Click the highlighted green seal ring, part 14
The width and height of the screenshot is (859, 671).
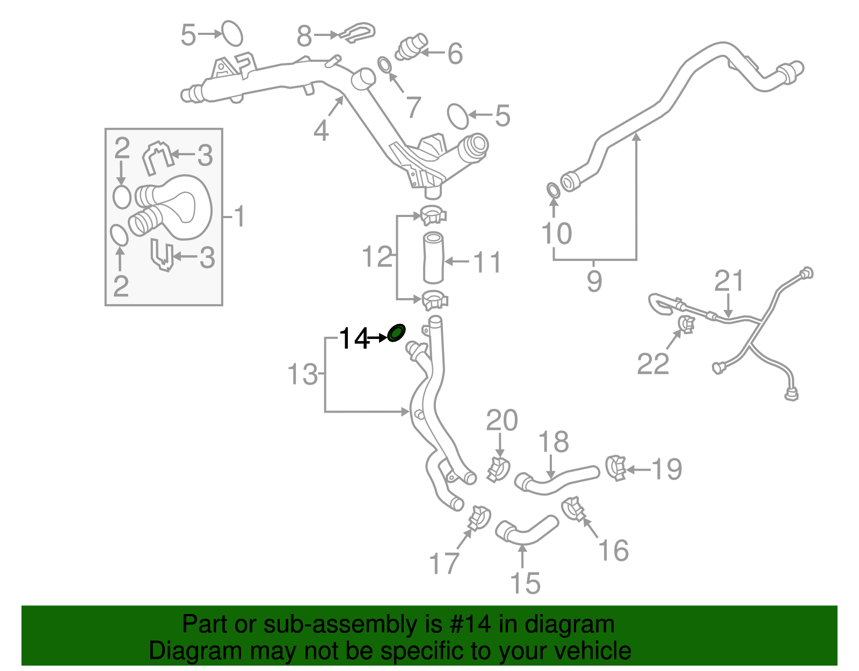397,333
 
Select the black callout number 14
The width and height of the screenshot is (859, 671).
354,339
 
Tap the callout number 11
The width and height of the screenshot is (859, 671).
487,263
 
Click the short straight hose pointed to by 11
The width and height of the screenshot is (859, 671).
433,257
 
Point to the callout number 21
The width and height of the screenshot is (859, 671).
729,281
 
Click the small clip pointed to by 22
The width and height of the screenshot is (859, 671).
686,324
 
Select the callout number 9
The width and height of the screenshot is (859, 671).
594,281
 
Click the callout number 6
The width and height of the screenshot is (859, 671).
455,54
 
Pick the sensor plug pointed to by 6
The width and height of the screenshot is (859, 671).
412,46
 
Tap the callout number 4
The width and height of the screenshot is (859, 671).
321,131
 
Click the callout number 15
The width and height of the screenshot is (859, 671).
525,583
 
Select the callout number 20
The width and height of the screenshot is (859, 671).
501,420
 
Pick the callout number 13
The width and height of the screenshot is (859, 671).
303,374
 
